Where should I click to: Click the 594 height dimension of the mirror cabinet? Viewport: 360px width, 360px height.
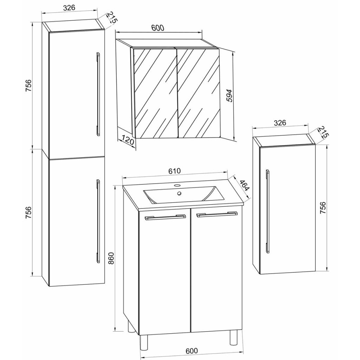pos(229,96)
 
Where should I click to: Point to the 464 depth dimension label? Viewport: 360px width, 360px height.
pos(244,186)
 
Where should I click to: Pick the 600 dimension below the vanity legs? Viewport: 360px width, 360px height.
pos(191,351)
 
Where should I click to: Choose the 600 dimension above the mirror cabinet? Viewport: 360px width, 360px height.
pos(158,27)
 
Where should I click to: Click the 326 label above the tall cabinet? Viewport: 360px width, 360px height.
pos(69,8)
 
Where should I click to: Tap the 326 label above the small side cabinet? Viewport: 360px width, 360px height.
pos(280,123)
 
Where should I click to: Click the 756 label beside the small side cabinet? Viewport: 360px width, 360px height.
pos(323,208)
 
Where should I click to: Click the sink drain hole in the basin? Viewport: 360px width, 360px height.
pos(179,193)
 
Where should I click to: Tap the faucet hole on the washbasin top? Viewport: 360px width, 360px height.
pos(177,185)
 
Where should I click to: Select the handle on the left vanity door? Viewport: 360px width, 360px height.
pos(165,217)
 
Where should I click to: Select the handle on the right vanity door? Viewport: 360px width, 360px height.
pos(217,214)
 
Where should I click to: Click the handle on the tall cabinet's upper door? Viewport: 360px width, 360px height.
pos(98,94)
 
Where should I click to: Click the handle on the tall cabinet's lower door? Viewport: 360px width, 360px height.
pos(98,221)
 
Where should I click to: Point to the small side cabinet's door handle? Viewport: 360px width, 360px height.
pos(268,211)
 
